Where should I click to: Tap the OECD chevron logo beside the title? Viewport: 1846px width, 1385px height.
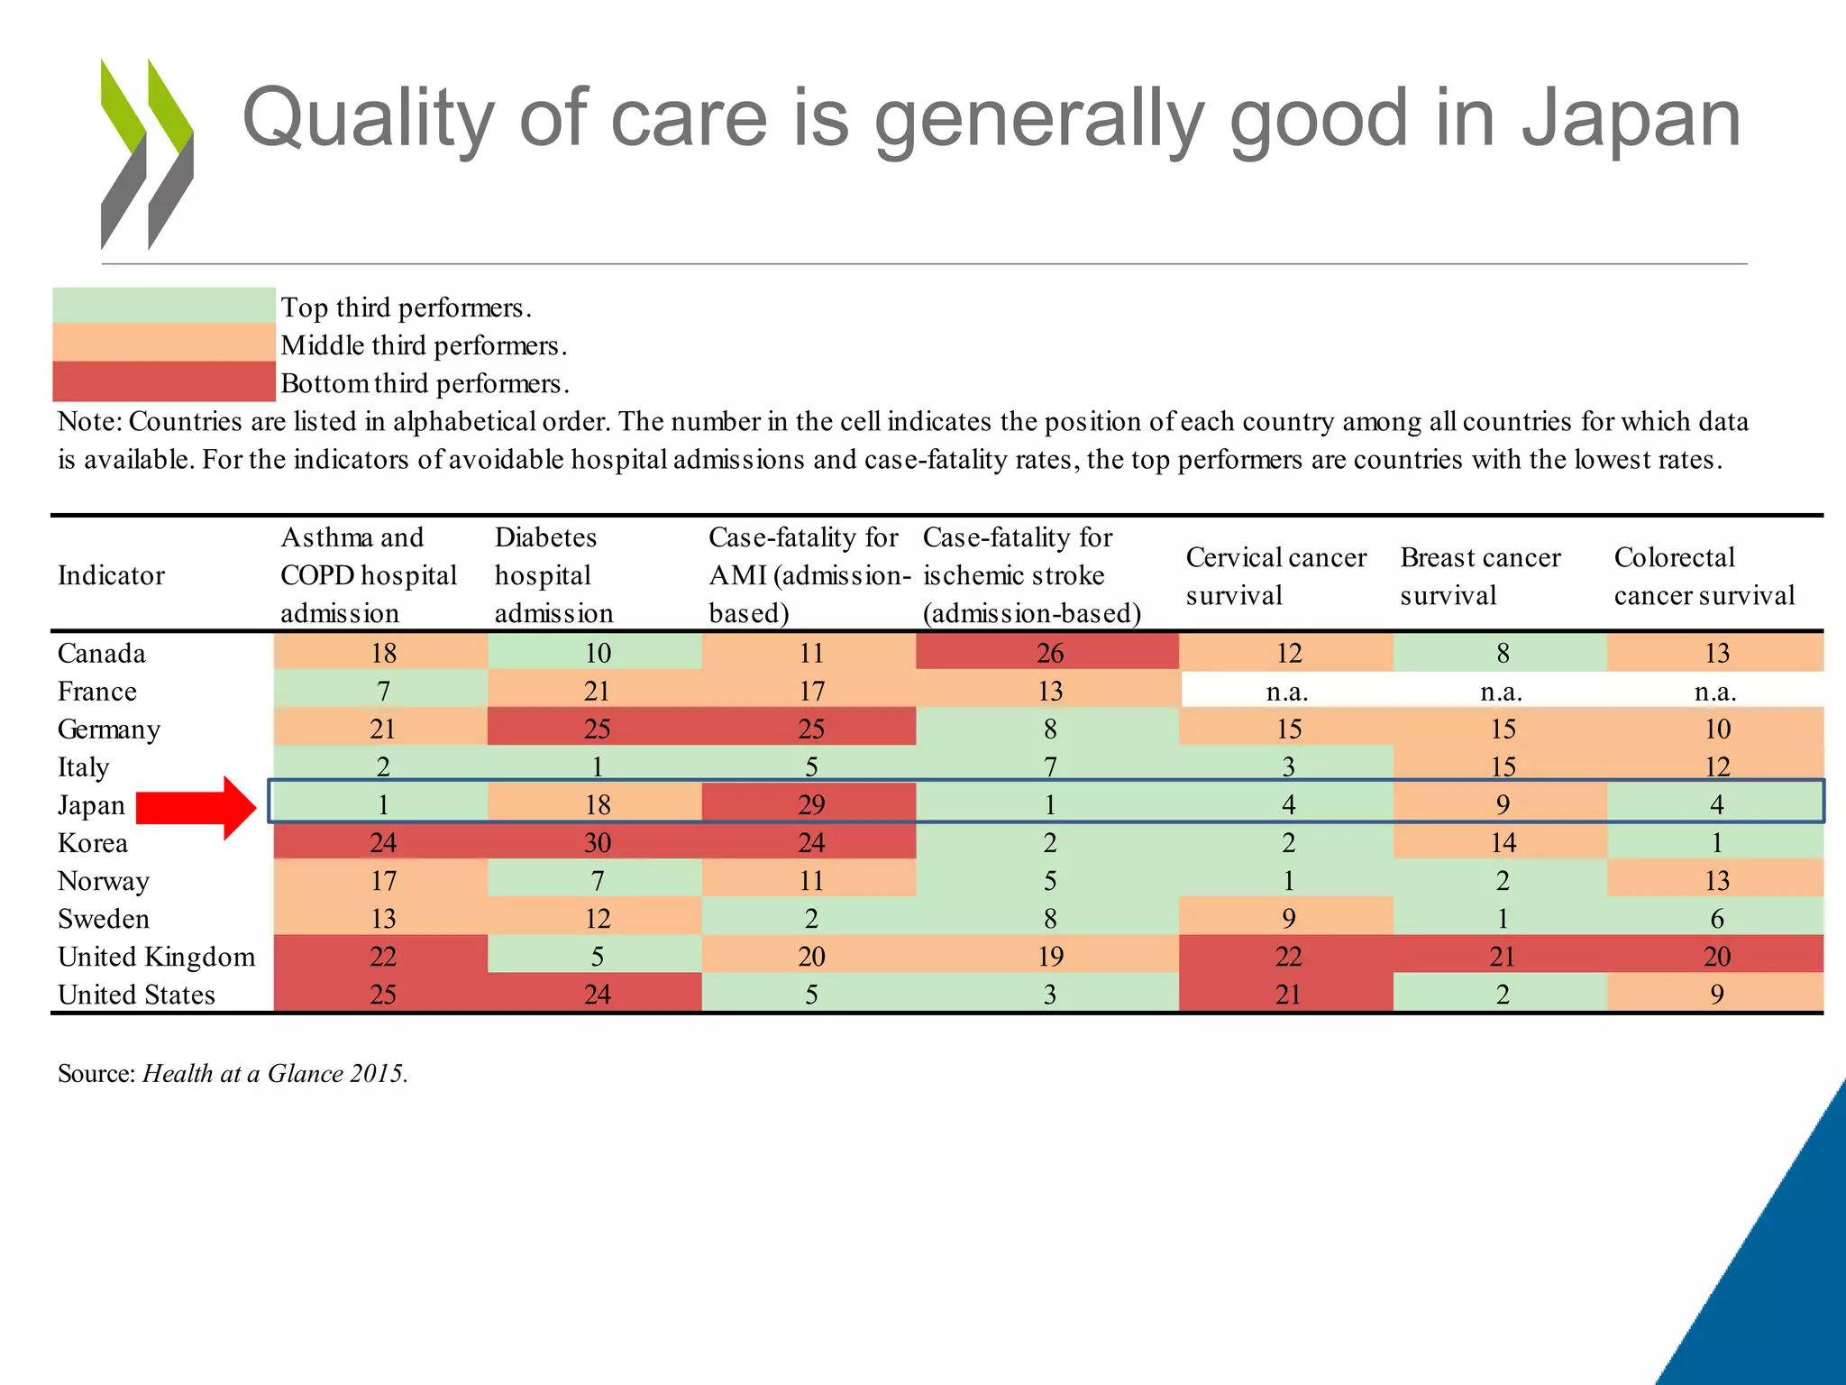tap(146, 153)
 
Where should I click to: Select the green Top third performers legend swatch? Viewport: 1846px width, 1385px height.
tap(163, 306)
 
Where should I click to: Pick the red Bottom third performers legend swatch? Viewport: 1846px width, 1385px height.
tap(163, 382)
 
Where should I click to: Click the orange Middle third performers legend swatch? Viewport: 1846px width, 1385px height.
tap(163, 344)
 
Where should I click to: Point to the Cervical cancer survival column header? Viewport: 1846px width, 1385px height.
tap(1275, 575)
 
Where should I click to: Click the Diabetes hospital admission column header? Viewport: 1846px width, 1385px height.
tap(553, 575)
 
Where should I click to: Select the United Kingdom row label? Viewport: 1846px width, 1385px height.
tap(156, 957)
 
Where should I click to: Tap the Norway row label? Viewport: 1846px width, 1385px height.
tap(103, 881)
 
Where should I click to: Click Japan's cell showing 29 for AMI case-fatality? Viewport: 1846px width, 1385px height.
tap(810, 804)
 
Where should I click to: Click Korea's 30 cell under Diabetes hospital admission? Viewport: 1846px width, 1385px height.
tap(597, 843)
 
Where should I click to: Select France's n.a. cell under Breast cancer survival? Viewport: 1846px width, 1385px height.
tap(1501, 692)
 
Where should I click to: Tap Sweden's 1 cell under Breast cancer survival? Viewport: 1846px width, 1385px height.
tap(1502, 919)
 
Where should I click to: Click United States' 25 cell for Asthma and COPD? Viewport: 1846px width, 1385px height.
tap(382, 995)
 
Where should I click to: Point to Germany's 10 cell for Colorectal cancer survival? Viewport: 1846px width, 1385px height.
tap(1716, 729)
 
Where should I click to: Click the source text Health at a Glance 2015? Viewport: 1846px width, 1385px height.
tap(274, 1073)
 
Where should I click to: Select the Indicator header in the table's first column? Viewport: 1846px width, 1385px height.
tap(111, 575)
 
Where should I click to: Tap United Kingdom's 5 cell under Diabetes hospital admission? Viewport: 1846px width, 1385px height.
tap(597, 957)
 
